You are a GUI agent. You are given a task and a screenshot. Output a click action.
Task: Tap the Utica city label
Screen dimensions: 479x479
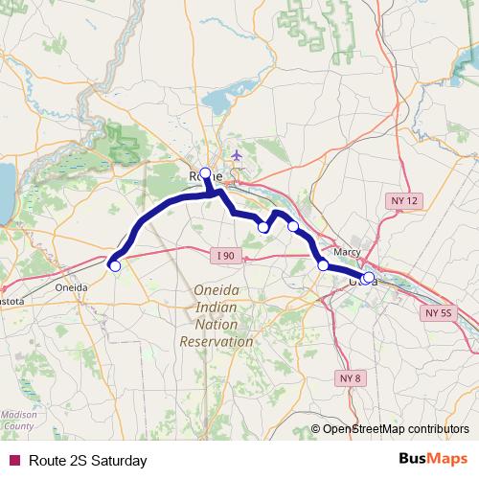click(x=361, y=282)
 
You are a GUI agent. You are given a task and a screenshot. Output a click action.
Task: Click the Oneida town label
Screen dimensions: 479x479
click(x=76, y=285)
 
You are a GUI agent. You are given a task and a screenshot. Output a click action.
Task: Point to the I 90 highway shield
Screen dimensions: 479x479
click(x=225, y=254)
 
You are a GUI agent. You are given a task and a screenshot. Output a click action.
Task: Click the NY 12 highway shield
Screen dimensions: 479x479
click(x=405, y=199)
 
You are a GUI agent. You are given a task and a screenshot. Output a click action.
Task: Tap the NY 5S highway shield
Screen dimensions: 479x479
click(x=438, y=313)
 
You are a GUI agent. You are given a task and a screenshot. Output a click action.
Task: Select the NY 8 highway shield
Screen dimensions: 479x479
click(x=352, y=378)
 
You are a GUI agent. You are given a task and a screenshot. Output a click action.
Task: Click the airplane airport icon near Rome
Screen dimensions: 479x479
click(x=238, y=154)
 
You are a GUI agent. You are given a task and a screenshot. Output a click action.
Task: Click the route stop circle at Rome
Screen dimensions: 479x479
click(x=205, y=172)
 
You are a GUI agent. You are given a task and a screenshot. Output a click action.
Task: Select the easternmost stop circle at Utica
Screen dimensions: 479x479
click(x=369, y=278)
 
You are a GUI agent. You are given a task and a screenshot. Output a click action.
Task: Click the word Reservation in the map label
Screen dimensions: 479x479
click(x=216, y=341)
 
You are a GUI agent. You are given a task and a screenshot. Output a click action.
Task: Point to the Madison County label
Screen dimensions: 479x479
click(x=18, y=420)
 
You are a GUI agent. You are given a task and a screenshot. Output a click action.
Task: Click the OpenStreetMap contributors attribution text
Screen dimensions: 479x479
click(x=395, y=428)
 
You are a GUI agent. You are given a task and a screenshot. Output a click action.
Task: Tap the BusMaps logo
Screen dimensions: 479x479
click(x=433, y=460)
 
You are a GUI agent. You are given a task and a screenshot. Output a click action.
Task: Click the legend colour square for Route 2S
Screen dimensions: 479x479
click(x=13, y=461)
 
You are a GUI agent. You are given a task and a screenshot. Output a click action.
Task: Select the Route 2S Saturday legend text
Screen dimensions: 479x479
click(x=87, y=461)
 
